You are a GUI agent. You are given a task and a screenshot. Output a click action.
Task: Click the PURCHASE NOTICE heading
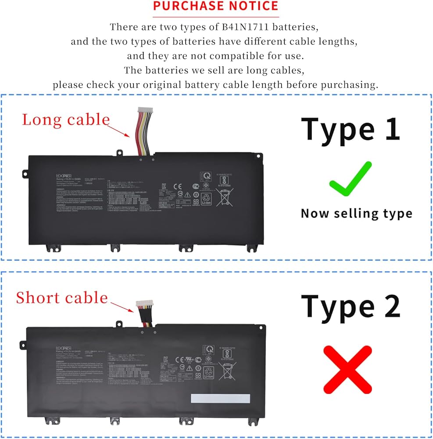pos(215,6)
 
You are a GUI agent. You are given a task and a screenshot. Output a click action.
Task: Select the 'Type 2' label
pos(351,306)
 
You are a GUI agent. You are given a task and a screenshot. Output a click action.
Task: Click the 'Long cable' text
pos(66,119)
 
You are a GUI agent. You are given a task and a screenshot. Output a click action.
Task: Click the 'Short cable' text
pos(62,298)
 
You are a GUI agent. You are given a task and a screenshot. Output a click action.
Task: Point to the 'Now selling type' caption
pos(356,214)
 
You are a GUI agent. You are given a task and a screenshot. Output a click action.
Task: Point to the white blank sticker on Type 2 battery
pos(220,399)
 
